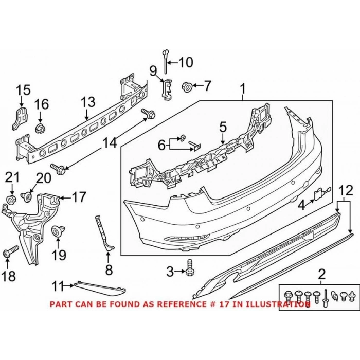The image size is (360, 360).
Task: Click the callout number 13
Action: (88, 101)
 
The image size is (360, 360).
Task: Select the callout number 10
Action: (186, 63)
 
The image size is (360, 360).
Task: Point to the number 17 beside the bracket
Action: (79, 196)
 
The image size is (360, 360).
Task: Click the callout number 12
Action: (346, 191)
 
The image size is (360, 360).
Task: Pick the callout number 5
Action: (222, 125)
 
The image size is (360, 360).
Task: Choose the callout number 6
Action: (161, 146)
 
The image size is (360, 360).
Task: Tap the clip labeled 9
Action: (167, 88)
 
